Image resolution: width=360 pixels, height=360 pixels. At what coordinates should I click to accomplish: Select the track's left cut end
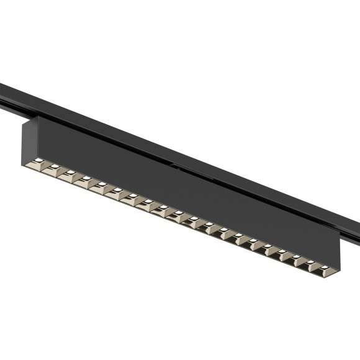(2, 93)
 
